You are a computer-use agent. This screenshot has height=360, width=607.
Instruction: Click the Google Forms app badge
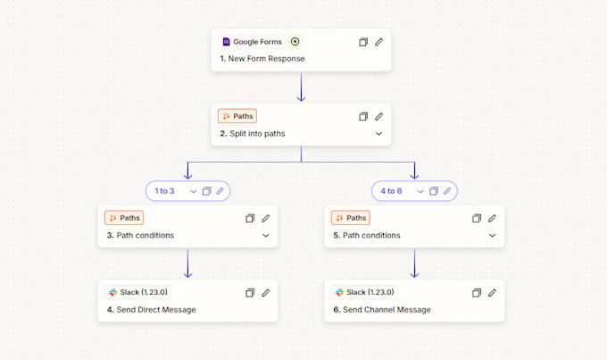[x=252, y=41]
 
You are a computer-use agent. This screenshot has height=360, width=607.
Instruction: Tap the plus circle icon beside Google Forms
[x=295, y=41]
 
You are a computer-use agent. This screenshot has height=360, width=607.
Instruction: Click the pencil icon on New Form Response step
[x=379, y=42]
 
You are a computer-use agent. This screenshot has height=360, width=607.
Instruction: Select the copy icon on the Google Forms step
[x=363, y=42]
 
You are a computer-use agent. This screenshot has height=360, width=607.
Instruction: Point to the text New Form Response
[x=266, y=59]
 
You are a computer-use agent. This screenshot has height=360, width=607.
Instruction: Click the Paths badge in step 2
[x=237, y=116]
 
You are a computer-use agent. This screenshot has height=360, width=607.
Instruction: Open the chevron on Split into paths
[x=379, y=134]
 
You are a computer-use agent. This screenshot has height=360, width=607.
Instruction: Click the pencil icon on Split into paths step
[x=379, y=116]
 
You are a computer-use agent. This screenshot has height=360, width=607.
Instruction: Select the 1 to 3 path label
[x=164, y=191]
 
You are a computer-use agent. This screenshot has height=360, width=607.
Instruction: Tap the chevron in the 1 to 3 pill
[x=193, y=191]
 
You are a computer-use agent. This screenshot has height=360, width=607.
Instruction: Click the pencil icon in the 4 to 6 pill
[x=447, y=191]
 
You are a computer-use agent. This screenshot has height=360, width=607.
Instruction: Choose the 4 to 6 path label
[x=391, y=191]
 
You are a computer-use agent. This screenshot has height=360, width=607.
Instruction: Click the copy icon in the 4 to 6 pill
[x=434, y=191]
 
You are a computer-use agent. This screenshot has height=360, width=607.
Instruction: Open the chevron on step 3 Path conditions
[x=266, y=235]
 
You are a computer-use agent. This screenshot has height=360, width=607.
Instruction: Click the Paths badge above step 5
[x=351, y=218]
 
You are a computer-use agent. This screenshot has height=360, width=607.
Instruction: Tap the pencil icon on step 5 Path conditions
[x=492, y=218]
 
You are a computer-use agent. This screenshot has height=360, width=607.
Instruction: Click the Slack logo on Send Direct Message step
[x=113, y=292]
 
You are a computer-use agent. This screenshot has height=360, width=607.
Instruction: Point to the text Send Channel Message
[x=387, y=310]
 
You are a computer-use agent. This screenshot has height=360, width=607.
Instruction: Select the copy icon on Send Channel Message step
[x=477, y=293]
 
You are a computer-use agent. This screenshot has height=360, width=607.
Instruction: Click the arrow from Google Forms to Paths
[x=301, y=88]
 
